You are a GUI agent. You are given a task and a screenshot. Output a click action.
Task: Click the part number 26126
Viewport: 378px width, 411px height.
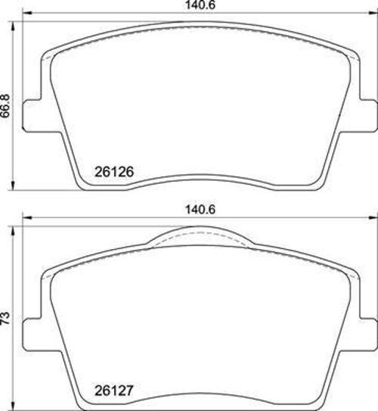115,172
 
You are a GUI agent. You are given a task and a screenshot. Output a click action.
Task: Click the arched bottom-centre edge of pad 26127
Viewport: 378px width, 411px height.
198,393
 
